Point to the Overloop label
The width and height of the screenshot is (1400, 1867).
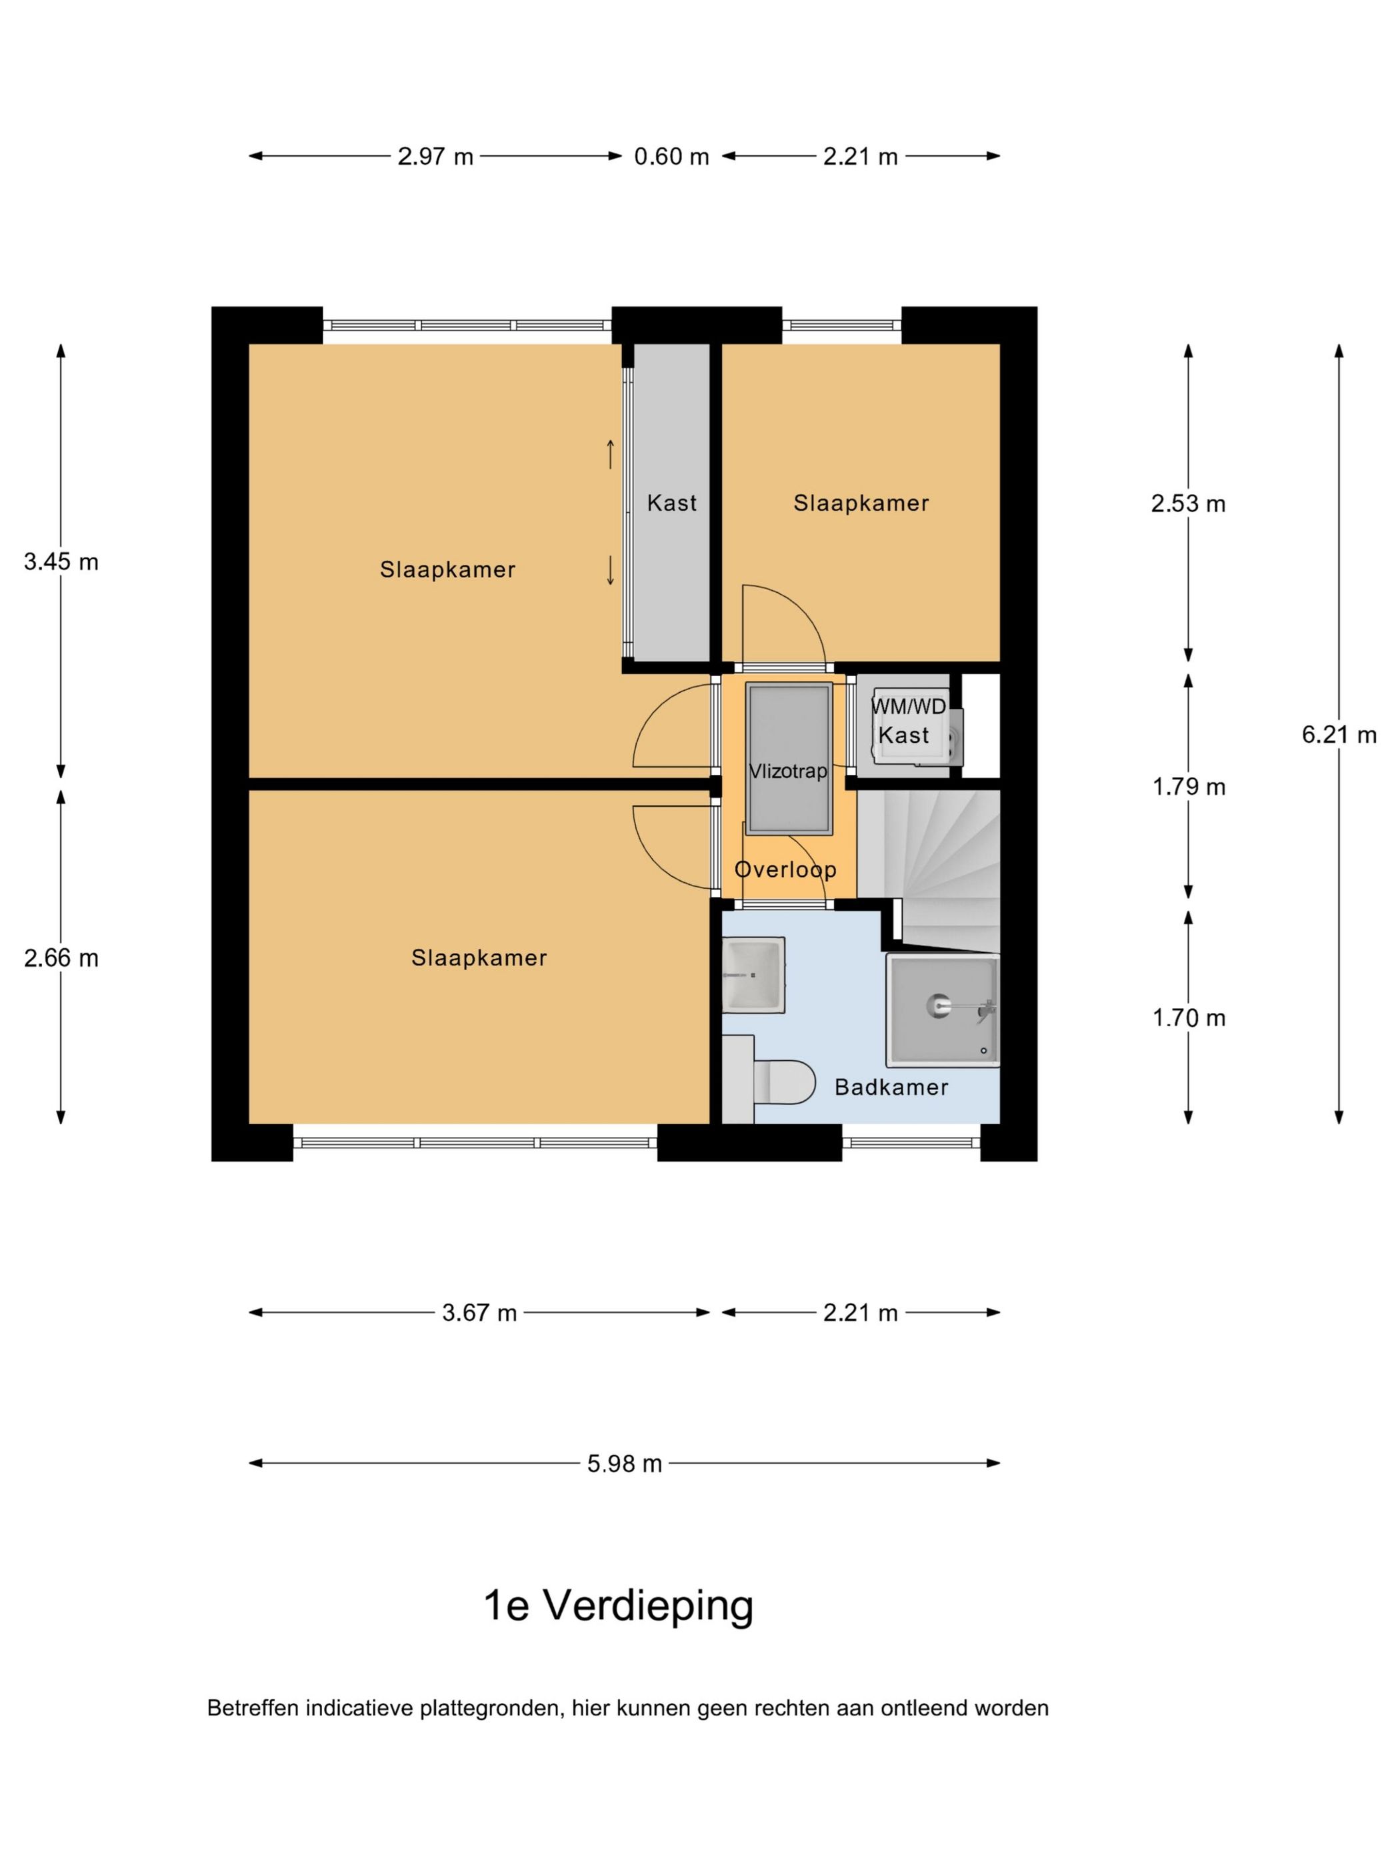point(785,869)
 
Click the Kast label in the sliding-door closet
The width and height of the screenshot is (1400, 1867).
point(672,503)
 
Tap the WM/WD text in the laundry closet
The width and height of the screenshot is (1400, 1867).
point(908,706)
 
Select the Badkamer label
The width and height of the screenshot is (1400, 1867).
point(891,1087)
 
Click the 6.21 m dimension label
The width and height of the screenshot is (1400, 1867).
point(1339,735)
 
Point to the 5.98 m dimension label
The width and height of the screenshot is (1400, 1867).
point(625,1464)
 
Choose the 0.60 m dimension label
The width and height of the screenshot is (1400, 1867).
point(672,156)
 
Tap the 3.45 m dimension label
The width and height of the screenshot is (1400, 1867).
point(61,561)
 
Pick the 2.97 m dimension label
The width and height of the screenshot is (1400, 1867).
point(435,156)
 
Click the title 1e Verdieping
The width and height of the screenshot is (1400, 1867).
point(619,1606)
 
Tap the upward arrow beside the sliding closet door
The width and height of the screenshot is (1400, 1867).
point(611,454)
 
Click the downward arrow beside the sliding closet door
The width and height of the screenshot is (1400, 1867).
point(611,571)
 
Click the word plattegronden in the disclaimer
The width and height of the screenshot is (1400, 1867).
point(490,1708)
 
